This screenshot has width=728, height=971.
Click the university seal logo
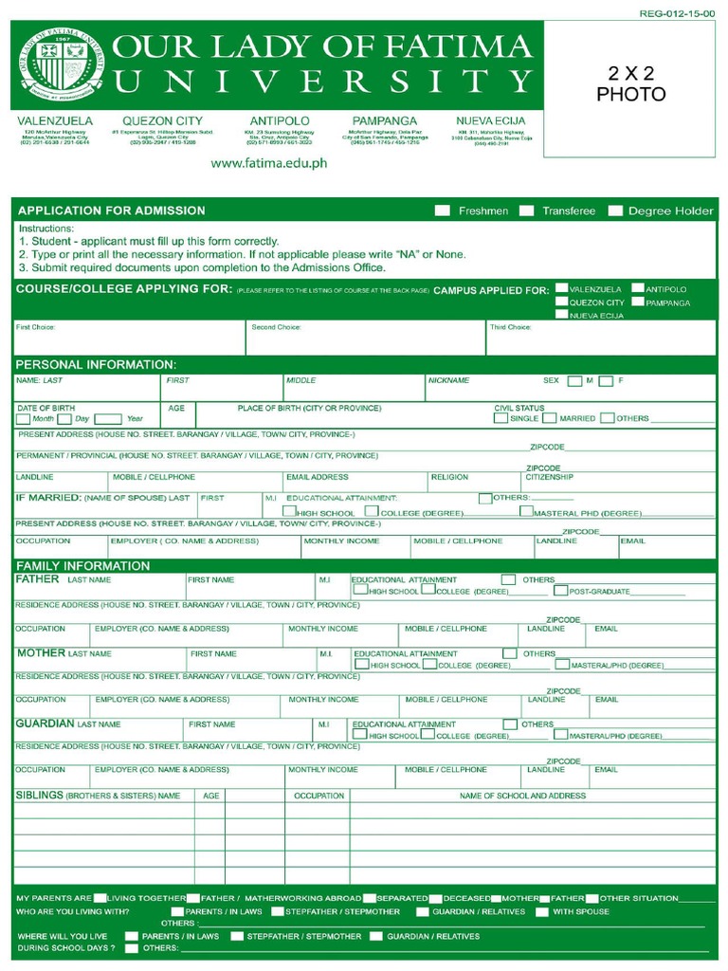pos(58,66)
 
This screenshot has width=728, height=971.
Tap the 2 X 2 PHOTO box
pos(630,85)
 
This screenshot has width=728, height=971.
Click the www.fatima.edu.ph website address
pos(268,163)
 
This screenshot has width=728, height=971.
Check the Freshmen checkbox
pos(442,211)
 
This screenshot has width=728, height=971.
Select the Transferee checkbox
pos(526,211)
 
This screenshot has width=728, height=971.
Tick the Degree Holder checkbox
pos(615,211)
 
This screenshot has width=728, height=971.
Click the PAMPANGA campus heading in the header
pos(384,121)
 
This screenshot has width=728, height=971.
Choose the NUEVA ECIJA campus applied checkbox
pos(562,315)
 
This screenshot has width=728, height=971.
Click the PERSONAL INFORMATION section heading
pos(96,364)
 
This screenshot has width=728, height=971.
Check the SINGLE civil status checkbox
pos(500,418)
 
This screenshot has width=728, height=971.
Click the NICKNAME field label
pos(448,380)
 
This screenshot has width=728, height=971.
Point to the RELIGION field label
pos(448,477)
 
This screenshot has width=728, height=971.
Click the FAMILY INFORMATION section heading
pos(82,566)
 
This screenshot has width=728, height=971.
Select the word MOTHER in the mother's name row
pos(41,653)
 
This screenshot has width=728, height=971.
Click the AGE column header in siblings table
pos(210,796)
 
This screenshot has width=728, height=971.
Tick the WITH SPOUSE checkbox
pos(542,912)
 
